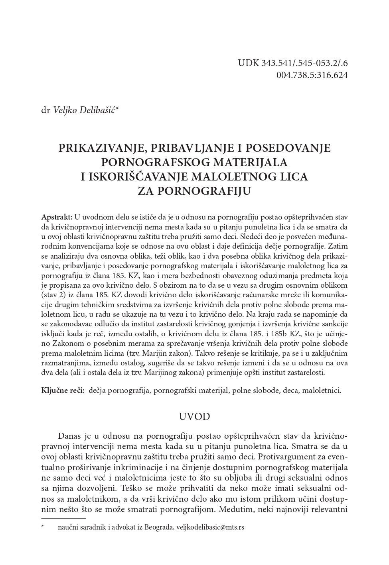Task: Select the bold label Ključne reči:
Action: pos(63,390)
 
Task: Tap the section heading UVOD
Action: pos(194,417)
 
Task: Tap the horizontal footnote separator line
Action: pos(63,518)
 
